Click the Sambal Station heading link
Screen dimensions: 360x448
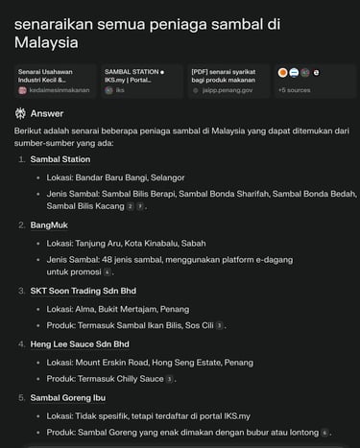[x=60, y=159]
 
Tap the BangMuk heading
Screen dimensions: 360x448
[x=49, y=224]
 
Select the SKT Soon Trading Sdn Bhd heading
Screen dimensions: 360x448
[x=83, y=290]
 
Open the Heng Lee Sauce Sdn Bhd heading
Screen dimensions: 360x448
[x=80, y=343]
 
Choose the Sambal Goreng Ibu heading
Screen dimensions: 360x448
[x=68, y=397]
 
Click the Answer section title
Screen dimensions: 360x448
[x=47, y=113]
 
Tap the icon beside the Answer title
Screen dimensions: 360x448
[x=21, y=113]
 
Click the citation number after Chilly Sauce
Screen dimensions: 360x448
[x=170, y=380]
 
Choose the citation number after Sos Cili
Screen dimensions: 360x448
[x=220, y=326]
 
